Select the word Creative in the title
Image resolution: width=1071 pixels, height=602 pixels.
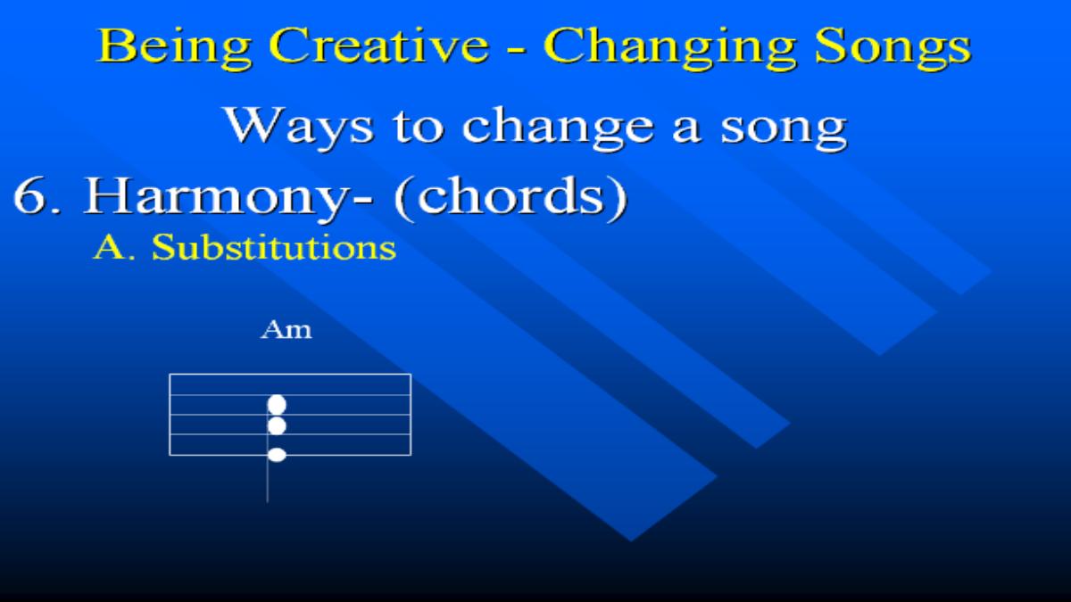coord(379,45)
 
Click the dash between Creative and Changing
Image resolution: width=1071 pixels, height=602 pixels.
coord(517,49)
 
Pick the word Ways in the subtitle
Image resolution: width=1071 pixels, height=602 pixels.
coord(299,127)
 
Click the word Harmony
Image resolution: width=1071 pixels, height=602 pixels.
coord(227,198)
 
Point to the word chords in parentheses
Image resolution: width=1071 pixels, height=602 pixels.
coord(511,196)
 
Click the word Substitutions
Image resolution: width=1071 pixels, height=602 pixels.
coord(274,248)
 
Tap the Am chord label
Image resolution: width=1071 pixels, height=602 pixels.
coord(286,330)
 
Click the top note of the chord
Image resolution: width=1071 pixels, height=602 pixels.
coord(277,405)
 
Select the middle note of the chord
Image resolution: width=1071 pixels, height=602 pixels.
coord(277,425)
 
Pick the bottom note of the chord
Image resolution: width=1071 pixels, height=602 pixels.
coord(277,455)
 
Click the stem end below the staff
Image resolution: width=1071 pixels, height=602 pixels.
coord(267,501)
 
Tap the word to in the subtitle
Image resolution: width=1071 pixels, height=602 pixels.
coord(419,128)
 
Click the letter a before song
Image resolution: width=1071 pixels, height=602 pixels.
coord(686,132)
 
